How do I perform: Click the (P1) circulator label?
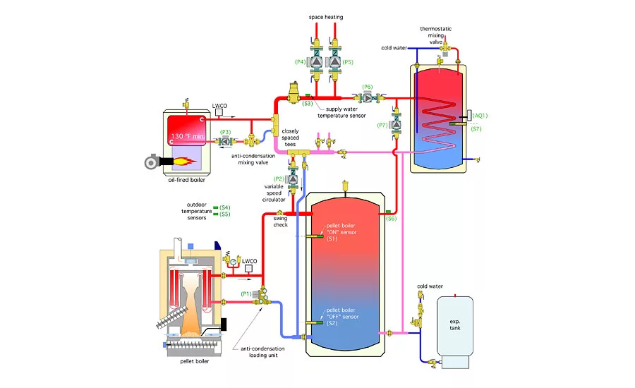click(x=247, y=293)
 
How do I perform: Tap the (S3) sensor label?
click(x=308, y=104)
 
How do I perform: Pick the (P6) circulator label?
click(x=367, y=87)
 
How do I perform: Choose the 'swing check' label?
click(x=280, y=222)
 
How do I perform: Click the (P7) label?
click(x=383, y=125)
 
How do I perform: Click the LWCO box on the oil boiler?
click(x=220, y=111)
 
